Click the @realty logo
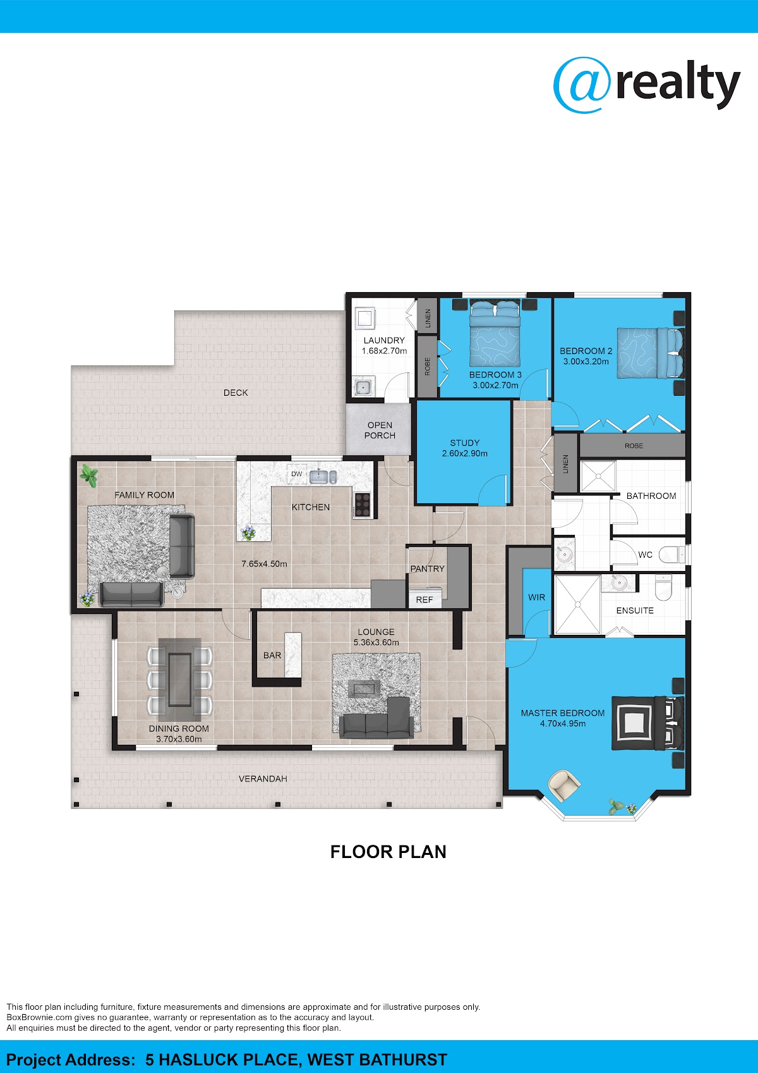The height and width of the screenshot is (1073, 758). (x=646, y=85)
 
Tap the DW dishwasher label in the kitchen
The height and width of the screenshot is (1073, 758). (x=297, y=474)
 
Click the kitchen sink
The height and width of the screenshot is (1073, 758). (x=323, y=477)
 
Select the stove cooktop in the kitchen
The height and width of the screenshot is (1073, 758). (x=362, y=505)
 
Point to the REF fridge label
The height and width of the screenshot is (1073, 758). (x=424, y=600)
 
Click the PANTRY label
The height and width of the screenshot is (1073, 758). (x=428, y=568)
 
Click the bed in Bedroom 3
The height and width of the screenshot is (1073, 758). (x=495, y=333)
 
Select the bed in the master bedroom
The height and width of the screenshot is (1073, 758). (x=647, y=723)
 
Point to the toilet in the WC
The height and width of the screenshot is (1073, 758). (x=672, y=555)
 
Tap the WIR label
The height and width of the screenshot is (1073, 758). (x=536, y=598)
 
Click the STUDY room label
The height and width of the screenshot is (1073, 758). (x=465, y=443)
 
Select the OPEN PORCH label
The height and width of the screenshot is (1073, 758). (x=380, y=430)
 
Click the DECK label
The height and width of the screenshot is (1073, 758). (x=236, y=393)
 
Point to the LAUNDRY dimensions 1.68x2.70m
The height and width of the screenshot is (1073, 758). (x=384, y=351)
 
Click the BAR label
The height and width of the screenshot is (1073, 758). (x=272, y=655)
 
